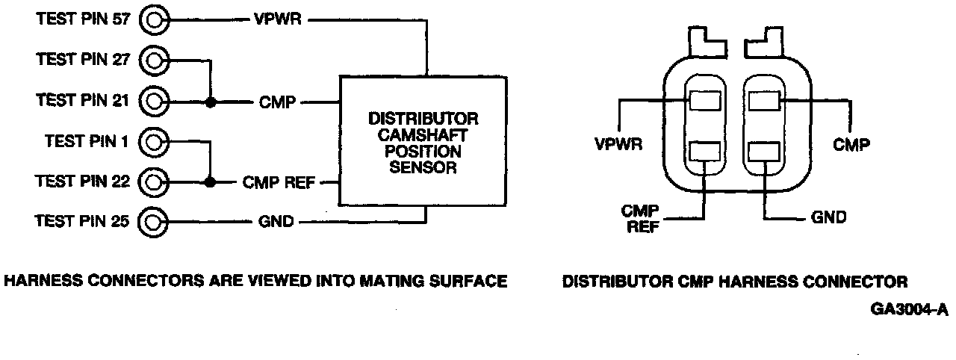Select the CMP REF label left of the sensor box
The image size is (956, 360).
click(279, 182)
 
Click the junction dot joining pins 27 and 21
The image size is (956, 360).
click(211, 101)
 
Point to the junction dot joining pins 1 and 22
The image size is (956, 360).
click(211, 181)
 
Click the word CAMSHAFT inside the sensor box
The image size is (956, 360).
click(423, 135)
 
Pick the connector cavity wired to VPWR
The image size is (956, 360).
click(704, 99)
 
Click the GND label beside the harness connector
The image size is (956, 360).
click(828, 218)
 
